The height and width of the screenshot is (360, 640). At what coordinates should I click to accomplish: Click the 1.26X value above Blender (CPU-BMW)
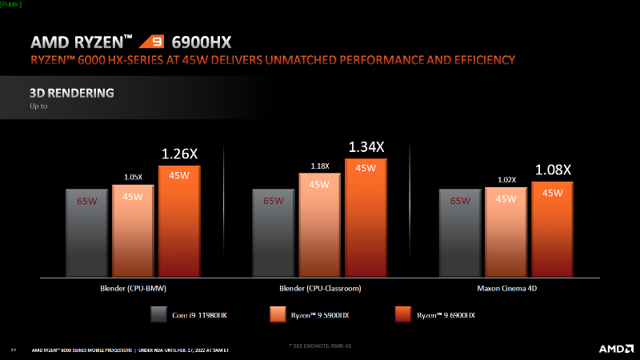click(x=179, y=153)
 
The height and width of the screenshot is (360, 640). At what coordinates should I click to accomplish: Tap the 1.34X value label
click(x=366, y=146)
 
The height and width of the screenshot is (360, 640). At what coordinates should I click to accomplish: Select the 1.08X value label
click(x=553, y=170)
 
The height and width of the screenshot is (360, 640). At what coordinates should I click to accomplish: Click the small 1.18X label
click(x=319, y=166)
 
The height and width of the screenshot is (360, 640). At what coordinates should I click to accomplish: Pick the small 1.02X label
click(x=506, y=180)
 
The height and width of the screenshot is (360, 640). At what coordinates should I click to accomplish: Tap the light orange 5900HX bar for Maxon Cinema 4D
click(x=506, y=231)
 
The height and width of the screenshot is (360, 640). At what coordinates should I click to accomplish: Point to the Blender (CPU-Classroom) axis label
click(x=319, y=288)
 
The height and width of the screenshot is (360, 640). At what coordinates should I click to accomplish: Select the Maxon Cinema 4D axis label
click(x=506, y=288)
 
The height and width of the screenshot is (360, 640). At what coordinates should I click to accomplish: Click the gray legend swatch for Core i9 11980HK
click(x=158, y=315)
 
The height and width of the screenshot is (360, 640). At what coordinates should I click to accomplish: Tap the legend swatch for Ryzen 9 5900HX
click(x=278, y=315)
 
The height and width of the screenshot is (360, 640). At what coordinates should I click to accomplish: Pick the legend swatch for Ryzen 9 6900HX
click(x=404, y=315)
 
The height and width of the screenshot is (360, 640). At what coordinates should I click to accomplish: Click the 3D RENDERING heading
click(x=71, y=94)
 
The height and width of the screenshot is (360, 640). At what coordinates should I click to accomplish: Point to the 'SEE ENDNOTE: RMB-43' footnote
click(x=320, y=345)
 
